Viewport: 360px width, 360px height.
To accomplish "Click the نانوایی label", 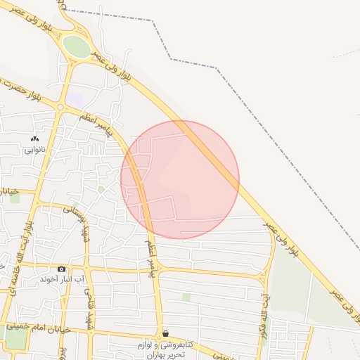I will click(x=35, y=149).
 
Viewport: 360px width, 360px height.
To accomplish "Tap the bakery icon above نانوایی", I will click(x=35, y=139).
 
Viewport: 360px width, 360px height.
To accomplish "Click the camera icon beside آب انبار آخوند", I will click(x=61, y=269).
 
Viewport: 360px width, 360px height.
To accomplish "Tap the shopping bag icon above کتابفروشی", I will click(x=165, y=334).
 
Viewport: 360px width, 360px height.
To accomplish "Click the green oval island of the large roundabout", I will click(x=77, y=46).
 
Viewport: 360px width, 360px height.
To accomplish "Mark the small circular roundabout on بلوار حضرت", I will click(x=60, y=108).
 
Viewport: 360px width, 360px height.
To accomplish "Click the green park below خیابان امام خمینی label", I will click(x=15, y=339).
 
